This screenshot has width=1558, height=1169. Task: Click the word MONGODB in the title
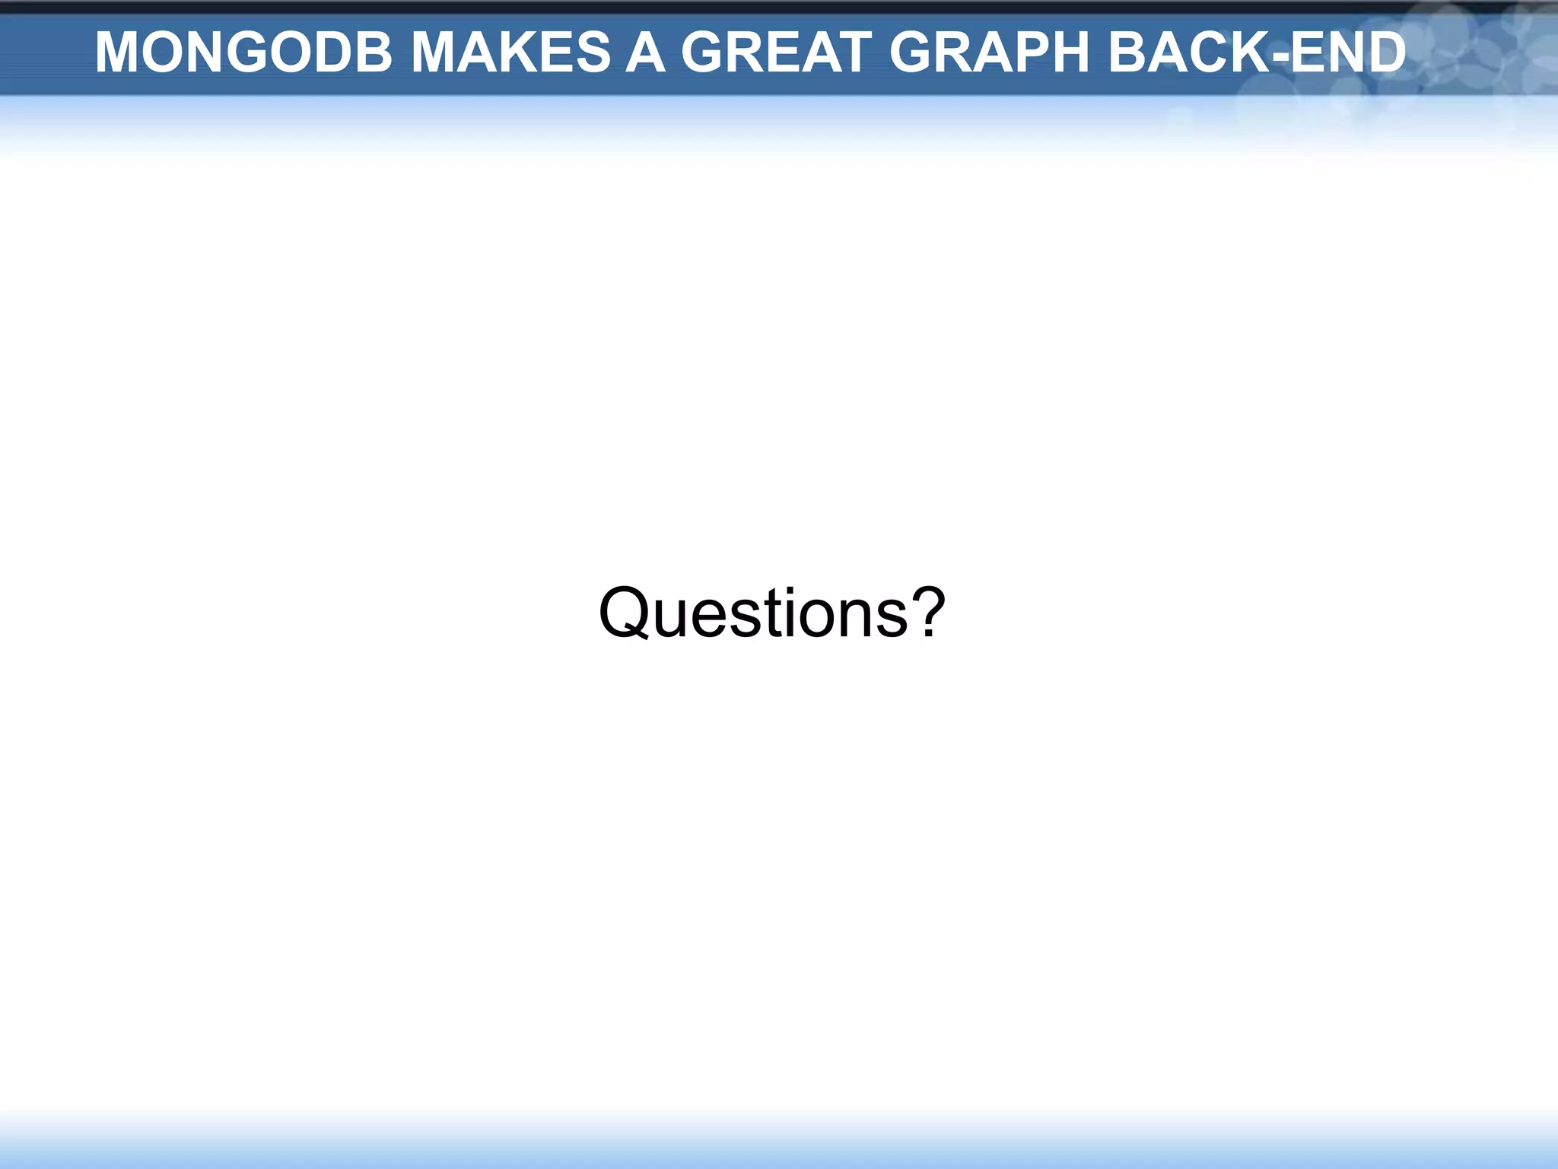(243, 53)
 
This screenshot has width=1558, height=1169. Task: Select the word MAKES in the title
(510, 53)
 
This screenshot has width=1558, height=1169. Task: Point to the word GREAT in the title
(776, 53)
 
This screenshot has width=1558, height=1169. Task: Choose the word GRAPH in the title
(990, 53)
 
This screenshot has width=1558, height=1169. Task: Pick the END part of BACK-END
(1347, 53)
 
